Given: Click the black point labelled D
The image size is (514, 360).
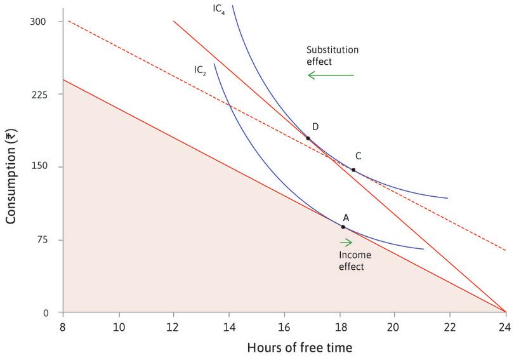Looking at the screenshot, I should [308, 138].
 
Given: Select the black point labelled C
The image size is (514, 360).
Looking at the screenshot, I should [353, 170].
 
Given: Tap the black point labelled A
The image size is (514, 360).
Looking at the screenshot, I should [343, 227].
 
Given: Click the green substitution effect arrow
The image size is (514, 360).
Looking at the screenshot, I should [331, 76].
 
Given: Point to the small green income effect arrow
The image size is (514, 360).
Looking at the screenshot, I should [346, 242].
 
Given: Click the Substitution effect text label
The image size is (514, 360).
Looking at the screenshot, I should [328, 56].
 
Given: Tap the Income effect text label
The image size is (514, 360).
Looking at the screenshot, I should [352, 261].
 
